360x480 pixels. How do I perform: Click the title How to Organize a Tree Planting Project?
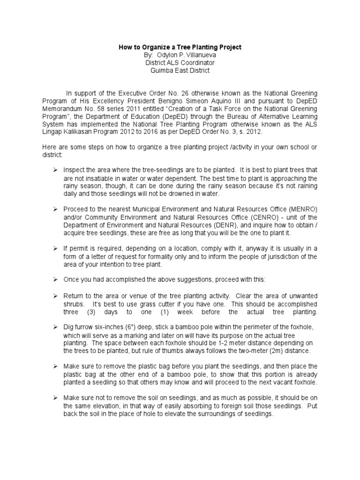pyautogui.click(x=180, y=47)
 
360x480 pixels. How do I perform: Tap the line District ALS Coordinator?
pyautogui.click(x=180, y=62)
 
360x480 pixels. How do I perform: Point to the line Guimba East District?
pyautogui.click(x=180, y=70)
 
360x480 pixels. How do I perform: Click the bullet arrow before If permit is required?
pyautogui.click(x=55, y=249)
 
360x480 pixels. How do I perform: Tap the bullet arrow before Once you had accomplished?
pyautogui.click(x=55, y=279)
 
